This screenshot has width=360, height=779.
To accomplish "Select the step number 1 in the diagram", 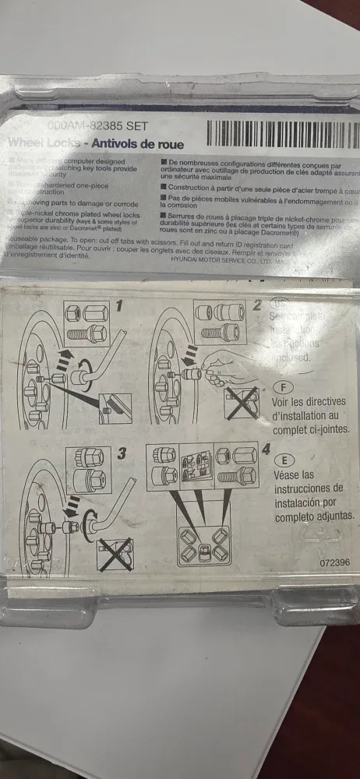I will [x=119, y=306].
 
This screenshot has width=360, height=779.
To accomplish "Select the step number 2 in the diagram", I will [x=257, y=305].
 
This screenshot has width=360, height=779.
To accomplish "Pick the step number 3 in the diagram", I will [x=121, y=453].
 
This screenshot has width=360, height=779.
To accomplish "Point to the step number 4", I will [x=266, y=449].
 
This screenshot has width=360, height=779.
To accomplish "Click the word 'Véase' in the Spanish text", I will [x=291, y=474].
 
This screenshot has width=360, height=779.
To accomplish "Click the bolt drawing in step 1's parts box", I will [x=86, y=333].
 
